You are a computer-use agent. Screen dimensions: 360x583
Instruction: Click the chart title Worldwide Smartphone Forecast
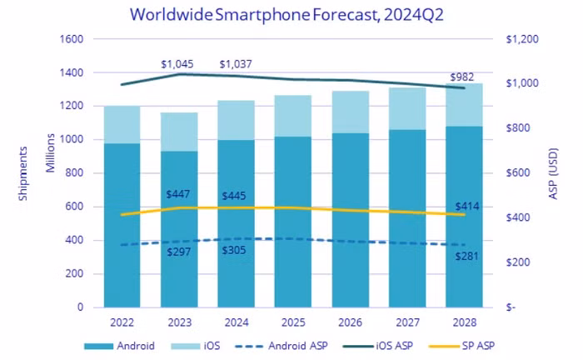tap(291, 15)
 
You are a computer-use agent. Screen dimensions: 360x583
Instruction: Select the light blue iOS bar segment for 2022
tap(122, 124)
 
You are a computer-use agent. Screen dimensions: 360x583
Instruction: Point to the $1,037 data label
tap(237, 64)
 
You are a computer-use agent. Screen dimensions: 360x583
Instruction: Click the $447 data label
tap(178, 195)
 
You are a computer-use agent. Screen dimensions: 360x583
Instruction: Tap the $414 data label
tap(468, 206)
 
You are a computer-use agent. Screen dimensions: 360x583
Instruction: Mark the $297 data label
tap(178, 252)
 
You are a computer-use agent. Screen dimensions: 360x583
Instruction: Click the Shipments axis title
tap(22, 173)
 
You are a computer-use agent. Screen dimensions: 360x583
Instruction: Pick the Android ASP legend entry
tap(276, 345)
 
